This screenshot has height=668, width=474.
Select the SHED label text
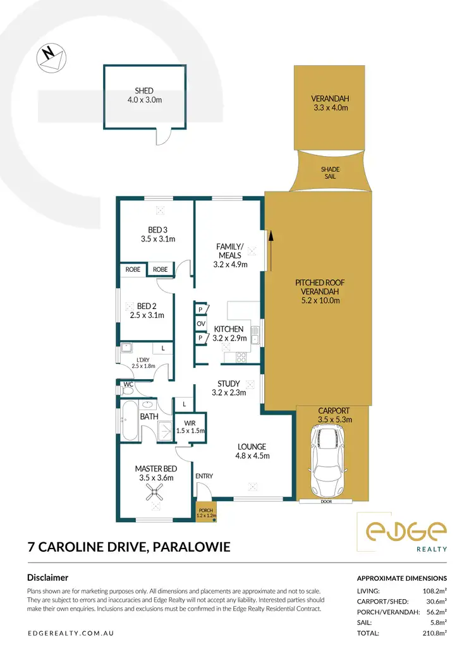[x=143, y=90]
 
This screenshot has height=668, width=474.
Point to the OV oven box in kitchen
[x=201, y=324]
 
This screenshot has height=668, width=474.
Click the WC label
[x=128, y=383]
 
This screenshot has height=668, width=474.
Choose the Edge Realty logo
[x=402, y=531]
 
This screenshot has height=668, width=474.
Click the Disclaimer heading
[x=47, y=577]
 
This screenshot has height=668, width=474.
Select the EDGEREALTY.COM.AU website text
[x=71, y=633]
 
